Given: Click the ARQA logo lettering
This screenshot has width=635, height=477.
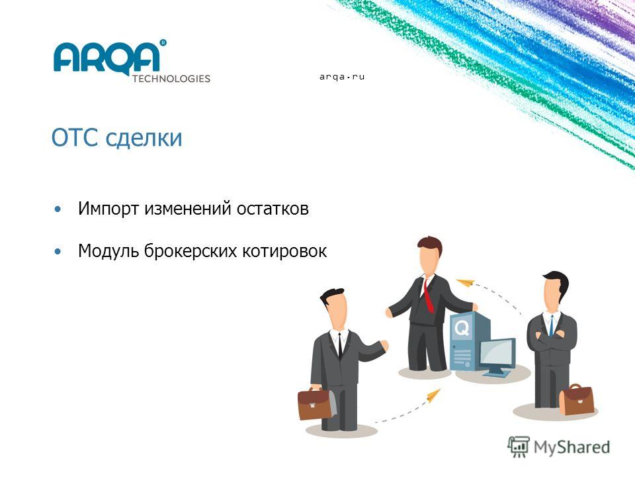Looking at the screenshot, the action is pos(107,58).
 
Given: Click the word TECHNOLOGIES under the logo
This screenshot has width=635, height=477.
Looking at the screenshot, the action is pos(171,79).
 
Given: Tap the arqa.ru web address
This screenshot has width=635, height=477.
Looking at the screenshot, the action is pos(342,77).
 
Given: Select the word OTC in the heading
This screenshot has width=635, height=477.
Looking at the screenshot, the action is pos(75,138).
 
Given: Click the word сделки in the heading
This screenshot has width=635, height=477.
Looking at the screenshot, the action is pos(144,138).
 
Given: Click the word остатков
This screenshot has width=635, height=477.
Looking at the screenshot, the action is pos(273,209).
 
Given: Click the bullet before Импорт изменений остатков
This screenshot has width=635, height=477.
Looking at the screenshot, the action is pos(58,209).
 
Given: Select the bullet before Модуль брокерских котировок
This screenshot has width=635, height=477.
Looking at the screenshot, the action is pos(58,252).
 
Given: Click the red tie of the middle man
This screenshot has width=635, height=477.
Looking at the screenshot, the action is pos(429,295).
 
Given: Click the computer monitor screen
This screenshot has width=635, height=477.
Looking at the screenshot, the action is pos(497,352).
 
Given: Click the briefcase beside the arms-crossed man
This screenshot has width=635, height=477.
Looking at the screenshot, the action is pos(577,399).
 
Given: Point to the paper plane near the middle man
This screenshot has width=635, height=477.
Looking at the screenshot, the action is pos(466,282).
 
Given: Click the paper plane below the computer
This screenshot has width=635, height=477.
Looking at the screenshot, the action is pos(434,395).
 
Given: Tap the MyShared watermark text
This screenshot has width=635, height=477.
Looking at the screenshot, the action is pos(571,447).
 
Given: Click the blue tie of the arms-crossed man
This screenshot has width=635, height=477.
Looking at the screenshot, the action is pos(551,326).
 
